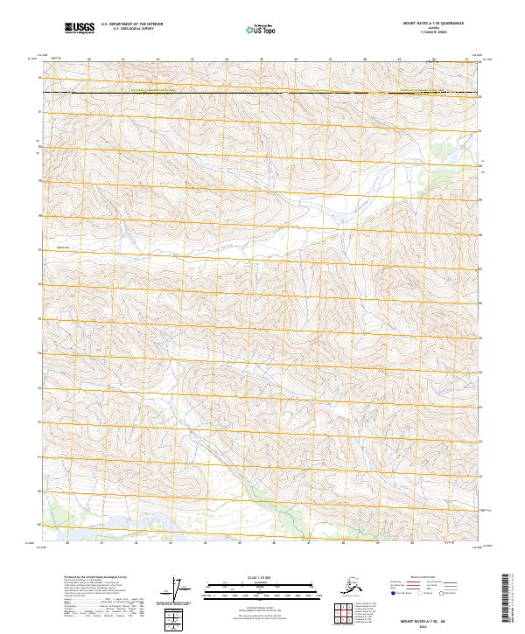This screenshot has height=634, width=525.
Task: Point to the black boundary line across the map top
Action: (262, 92)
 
